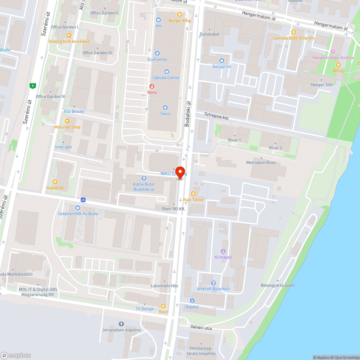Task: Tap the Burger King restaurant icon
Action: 179,14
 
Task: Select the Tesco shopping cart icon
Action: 165,107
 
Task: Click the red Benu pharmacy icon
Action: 152,86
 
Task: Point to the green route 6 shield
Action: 33,85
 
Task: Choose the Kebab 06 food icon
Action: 55,182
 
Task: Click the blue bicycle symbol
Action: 83,199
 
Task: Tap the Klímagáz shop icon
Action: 223,251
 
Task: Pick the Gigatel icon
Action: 192,301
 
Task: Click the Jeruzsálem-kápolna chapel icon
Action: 121,324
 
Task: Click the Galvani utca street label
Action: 201,328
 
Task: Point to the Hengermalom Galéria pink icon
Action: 333,51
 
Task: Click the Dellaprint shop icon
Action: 222,60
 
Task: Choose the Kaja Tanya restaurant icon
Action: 194,194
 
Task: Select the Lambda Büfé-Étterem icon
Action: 294,32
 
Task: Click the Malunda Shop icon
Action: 67,121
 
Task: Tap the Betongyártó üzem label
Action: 278,285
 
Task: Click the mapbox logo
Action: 16,355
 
